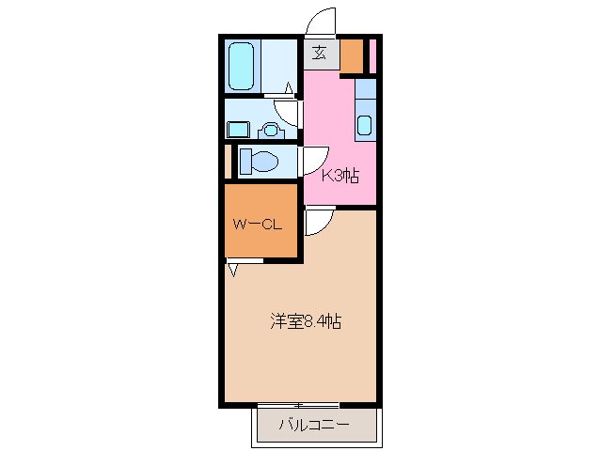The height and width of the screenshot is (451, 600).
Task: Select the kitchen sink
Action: click(x=365, y=123)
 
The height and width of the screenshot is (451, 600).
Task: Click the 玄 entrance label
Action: click(x=320, y=54)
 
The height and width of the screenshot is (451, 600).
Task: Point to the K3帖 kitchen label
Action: click(x=340, y=175)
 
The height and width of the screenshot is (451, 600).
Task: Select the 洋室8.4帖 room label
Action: click(x=306, y=321)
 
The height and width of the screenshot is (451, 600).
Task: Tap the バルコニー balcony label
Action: click(x=314, y=426)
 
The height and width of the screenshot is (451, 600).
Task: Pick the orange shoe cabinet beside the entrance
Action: click(x=352, y=56)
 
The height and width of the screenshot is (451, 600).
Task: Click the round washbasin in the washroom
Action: click(x=272, y=129)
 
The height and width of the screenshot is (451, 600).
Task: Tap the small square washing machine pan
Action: click(x=238, y=129)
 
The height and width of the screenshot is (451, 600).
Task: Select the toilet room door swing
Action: click(x=313, y=161)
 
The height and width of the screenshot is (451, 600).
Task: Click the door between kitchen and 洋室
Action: click(x=316, y=221)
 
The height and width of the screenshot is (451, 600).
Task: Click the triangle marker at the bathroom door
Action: click(x=289, y=89)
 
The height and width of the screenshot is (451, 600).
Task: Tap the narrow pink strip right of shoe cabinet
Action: click(x=372, y=56)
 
